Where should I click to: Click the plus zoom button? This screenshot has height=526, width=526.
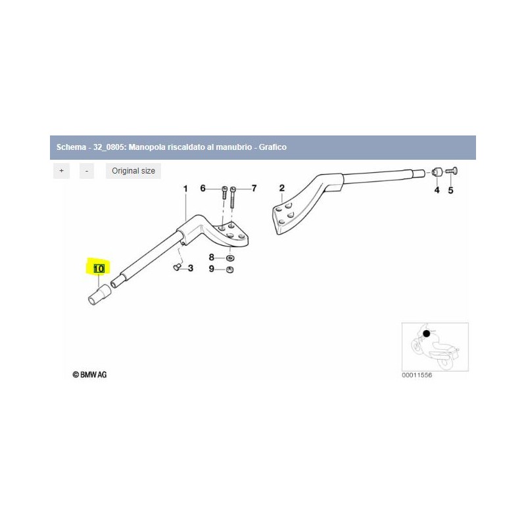61,171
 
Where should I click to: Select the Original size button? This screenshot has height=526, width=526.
133,171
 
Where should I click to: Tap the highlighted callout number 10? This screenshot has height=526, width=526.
99,269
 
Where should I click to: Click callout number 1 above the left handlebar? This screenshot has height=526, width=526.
185,189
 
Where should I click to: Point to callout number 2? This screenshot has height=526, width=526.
282,188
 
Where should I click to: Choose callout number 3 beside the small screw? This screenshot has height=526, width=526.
191,268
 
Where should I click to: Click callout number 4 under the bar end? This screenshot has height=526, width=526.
437,190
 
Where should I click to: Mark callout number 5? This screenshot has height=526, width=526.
450,191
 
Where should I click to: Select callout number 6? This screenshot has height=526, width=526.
203,188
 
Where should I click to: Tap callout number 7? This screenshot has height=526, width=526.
254,188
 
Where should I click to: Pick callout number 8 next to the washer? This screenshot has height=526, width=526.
211,257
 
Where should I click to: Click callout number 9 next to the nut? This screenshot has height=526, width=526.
211,269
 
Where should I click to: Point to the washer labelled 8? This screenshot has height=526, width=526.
230,258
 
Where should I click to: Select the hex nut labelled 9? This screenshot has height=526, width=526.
230,270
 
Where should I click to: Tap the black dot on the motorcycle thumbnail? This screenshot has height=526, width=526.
426,334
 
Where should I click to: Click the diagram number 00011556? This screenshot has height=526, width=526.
417,375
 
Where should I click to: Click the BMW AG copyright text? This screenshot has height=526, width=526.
89,375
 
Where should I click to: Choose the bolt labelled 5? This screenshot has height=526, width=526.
452,171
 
